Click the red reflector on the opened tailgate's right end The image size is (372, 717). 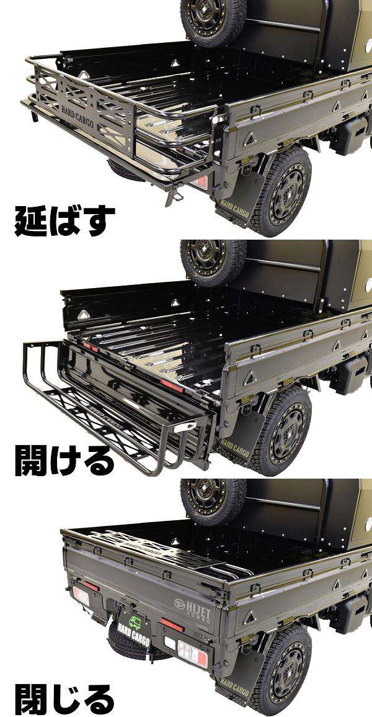coord(172,384)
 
